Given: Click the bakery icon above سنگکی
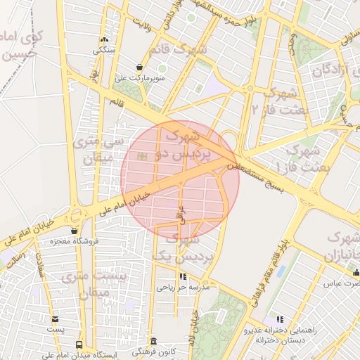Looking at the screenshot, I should coord(104,40).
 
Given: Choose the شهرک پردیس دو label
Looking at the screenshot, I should coord(181,146).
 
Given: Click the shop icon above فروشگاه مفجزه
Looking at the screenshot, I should coord(75,230).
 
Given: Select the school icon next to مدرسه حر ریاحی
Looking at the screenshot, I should coord(184,277).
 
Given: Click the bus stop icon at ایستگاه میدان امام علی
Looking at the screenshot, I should coord(78,345).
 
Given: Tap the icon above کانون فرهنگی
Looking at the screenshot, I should coord(154,340).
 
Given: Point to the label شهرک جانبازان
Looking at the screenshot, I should coord(339,245).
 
